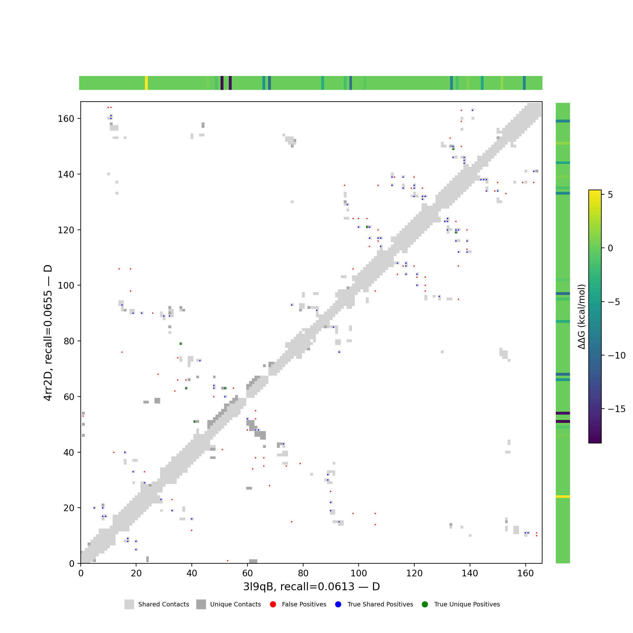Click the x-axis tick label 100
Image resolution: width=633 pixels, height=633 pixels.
point(359,573)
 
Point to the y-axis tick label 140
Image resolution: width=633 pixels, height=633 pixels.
point(66,174)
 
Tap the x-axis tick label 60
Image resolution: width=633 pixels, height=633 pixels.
point(248,573)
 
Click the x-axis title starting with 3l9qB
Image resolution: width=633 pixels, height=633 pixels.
point(311,586)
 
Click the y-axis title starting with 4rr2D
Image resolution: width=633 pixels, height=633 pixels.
point(48,333)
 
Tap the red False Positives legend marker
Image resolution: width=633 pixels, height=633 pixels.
point(273,605)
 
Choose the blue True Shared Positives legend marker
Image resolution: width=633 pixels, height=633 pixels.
point(338,605)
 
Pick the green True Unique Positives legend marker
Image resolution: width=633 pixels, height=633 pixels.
point(425,605)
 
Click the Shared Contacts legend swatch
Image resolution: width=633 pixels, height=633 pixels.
point(129,605)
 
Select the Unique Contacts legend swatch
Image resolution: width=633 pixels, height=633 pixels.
point(201,605)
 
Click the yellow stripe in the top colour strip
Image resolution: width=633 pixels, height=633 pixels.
point(147,83)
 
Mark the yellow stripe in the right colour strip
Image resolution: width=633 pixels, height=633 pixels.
point(562,497)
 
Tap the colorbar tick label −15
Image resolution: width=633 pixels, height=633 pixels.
point(616,409)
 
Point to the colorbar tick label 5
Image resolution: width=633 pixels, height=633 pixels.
point(611,195)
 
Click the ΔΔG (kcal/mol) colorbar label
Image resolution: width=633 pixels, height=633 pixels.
point(581,317)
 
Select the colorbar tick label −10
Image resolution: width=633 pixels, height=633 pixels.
point(616,355)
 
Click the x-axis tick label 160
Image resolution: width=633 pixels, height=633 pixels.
point(525,573)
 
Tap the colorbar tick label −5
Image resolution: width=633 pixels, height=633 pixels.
point(614,302)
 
